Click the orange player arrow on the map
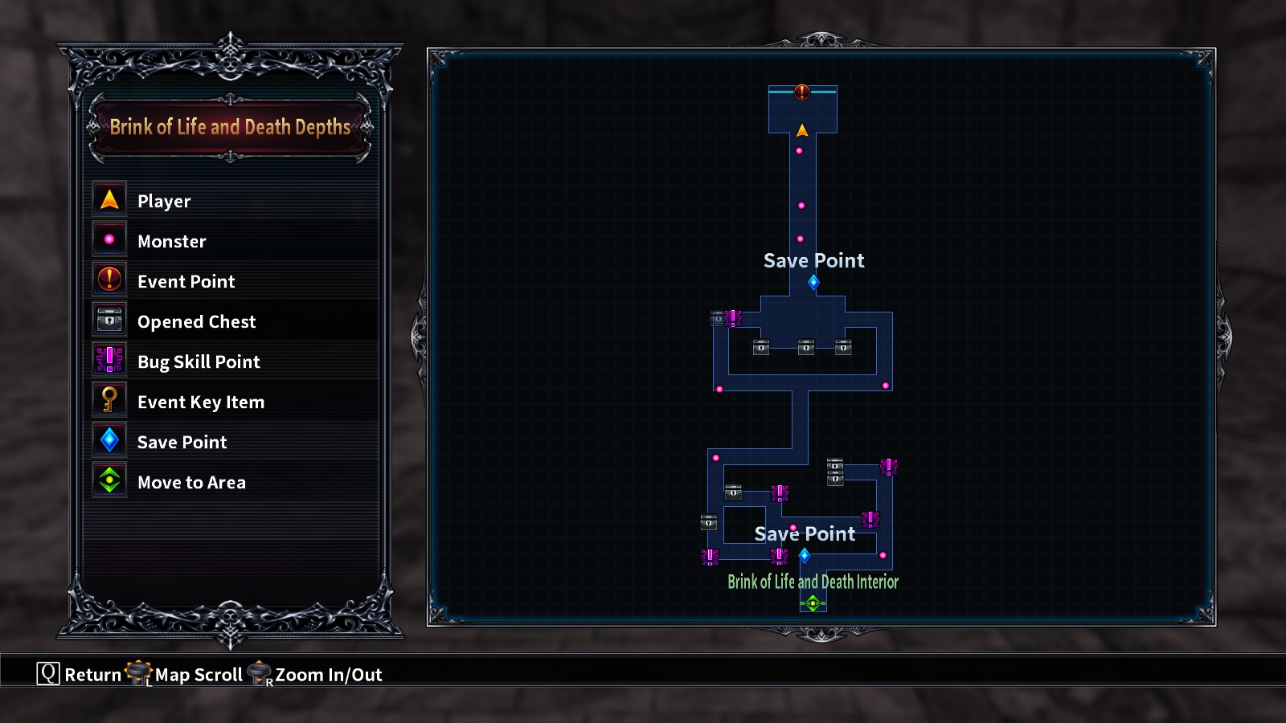pyautogui.click(x=802, y=130)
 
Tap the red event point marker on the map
pyautogui.click(x=802, y=92)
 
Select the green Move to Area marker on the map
pyautogui.click(x=813, y=602)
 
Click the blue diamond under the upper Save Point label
pyautogui.click(x=813, y=282)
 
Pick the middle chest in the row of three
pyautogui.click(x=806, y=346)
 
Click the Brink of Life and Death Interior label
pyautogui.click(x=813, y=582)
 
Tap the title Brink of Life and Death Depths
pyautogui.click(x=230, y=127)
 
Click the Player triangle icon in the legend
pyautogui.click(x=109, y=199)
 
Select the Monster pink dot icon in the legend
pyautogui.click(x=109, y=239)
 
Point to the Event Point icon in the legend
pyautogui.click(x=109, y=280)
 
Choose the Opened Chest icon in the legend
pyautogui.click(x=109, y=320)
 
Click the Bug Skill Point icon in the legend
pyautogui.click(x=109, y=360)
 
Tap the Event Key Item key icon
pyautogui.click(x=109, y=399)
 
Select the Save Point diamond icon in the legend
pyautogui.click(x=109, y=439)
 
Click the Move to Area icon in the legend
pyautogui.click(x=109, y=480)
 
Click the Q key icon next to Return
pyautogui.click(x=48, y=673)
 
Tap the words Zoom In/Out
pyautogui.click(x=329, y=675)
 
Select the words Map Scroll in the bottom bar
pyautogui.click(x=199, y=675)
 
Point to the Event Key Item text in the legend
pyautogui.click(x=201, y=402)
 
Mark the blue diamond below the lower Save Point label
pyautogui.click(x=805, y=555)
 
